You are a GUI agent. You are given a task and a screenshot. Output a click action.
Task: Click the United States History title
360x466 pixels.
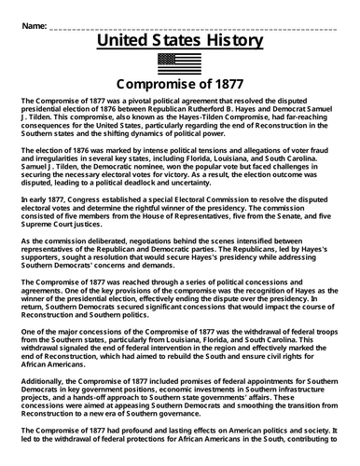click(180, 41)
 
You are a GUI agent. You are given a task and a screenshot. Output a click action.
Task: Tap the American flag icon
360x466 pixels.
click(180, 63)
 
